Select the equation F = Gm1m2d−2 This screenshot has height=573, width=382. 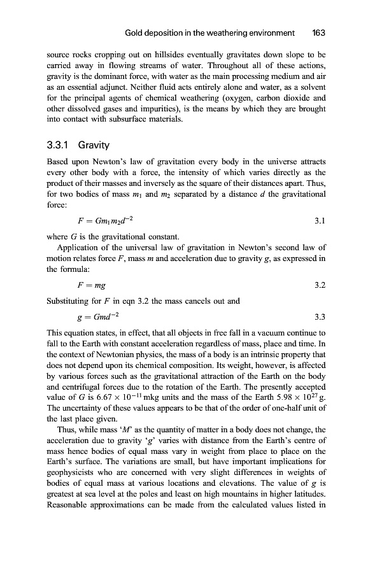point(105,221)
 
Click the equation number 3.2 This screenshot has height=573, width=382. point(320,285)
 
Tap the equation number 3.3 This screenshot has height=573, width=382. point(320,316)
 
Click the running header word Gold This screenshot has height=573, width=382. point(136,32)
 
